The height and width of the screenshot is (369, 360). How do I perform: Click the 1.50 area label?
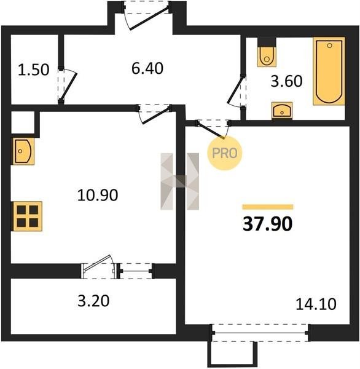tap(34, 70)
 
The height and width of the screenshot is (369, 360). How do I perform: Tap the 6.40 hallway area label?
tap(147, 68)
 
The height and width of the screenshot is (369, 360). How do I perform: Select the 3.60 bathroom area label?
tap(286, 81)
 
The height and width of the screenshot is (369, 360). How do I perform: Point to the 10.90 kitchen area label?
tap(98, 195)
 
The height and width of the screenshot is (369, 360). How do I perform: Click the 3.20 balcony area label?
tap(93, 301)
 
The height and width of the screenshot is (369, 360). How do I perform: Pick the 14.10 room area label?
tap(316, 304)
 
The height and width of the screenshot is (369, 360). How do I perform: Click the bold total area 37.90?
tap(268, 224)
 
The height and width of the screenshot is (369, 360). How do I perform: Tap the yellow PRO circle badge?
tap(225, 153)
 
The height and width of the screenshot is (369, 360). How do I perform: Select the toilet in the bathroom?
tap(267, 57)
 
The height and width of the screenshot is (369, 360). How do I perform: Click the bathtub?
tap(329, 71)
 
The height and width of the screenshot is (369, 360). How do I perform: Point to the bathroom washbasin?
tap(282, 110)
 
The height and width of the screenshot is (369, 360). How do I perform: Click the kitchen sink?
tap(23, 151)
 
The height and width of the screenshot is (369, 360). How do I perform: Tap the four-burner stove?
tap(28, 216)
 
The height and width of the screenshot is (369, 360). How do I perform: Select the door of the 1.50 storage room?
tap(68, 85)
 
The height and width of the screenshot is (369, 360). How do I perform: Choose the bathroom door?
tap(237, 91)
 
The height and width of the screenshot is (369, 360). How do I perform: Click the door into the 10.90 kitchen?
tap(154, 114)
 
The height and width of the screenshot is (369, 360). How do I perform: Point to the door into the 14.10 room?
tap(213, 129)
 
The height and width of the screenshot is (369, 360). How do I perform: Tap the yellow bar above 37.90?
tap(268, 207)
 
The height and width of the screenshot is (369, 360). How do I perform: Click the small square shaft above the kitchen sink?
tap(23, 122)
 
